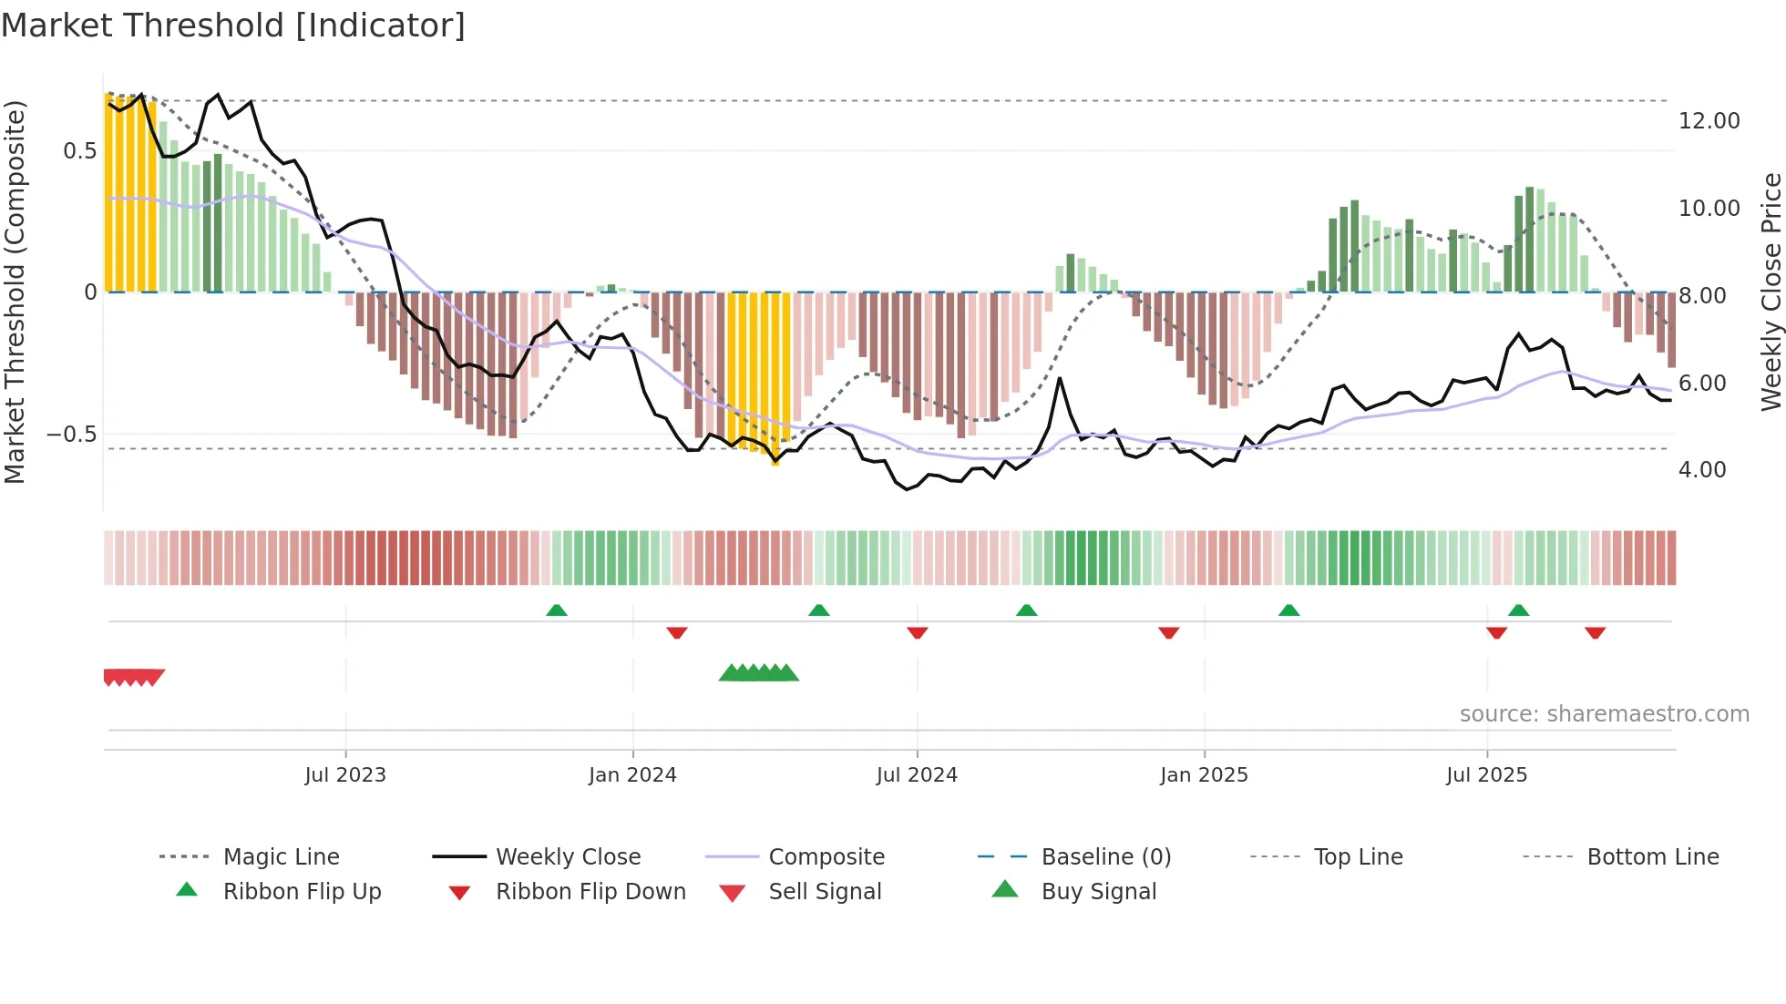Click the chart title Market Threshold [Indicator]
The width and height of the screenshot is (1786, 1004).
[x=233, y=26]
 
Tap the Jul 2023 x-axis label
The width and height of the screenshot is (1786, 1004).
[x=345, y=775]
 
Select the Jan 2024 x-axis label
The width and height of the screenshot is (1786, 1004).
[x=632, y=775]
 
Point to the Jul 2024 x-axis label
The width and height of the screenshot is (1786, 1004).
[x=917, y=775]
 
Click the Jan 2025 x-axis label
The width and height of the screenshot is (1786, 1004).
[x=1204, y=775]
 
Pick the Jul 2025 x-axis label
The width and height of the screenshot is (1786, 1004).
[x=1486, y=775]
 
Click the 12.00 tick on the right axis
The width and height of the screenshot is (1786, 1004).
[x=1709, y=121]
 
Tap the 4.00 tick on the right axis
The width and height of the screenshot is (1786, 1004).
[x=1701, y=470]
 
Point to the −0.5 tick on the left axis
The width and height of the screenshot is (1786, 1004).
[x=72, y=435]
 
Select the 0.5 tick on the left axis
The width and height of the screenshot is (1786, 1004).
[x=80, y=151]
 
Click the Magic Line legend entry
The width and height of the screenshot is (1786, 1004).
[x=281, y=857]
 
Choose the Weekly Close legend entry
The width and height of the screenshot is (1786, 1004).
[x=568, y=857]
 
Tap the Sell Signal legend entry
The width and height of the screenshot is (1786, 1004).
[x=825, y=892]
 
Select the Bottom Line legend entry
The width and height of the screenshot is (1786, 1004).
[x=1652, y=857]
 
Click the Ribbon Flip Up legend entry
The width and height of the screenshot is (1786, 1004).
[x=302, y=892]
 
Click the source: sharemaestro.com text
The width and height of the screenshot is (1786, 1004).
[x=1604, y=714]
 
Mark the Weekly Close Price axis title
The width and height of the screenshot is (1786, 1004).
[x=1771, y=292]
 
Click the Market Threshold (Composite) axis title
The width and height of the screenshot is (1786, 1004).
[x=15, y=292]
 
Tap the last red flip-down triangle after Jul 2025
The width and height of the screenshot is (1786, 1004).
[x=1595, y=632]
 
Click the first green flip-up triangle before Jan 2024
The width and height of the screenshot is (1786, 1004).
[x=557, y=610]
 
